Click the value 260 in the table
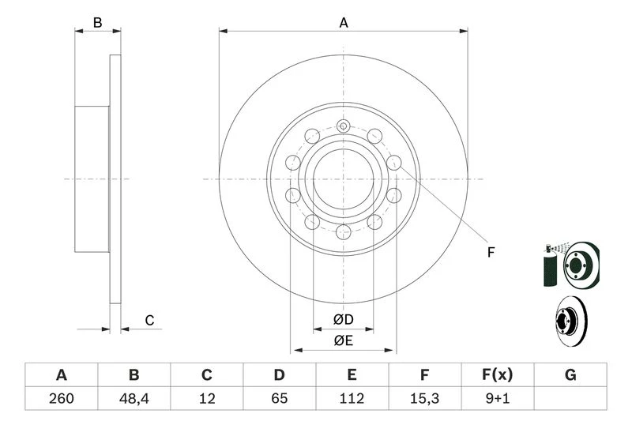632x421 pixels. click(x=61, y=398)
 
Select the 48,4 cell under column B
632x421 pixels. click(x=134, y=398)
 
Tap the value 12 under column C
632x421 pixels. click(x=207, y=398)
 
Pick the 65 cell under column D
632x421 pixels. click(x=279, y=398)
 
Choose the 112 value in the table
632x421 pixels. click(x=352, y=398)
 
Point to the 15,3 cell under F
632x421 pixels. click(x=424, y=398)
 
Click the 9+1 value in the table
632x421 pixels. click(x=497, y=398)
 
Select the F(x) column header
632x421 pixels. click(x=497, y=374)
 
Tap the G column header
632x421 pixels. click(x=570, y=374)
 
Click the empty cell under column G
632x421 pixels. click(x=570, y=398)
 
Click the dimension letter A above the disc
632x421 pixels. click(x=344, y=23)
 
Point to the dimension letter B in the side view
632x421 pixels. click(x=97, y=23)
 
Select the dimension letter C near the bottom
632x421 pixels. click(x=149, y=320)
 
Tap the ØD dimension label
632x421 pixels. click(x=343, y=320)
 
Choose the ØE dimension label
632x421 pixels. click(x=343, y=341)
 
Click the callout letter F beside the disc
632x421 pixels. click(x=491, y=253)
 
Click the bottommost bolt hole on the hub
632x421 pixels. click(x=343, y=232)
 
